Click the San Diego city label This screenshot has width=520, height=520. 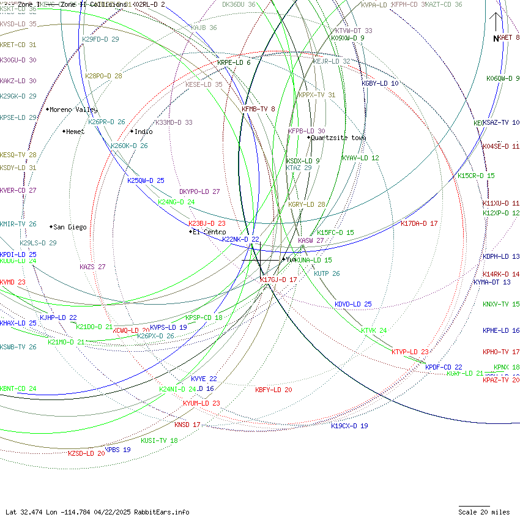coord(70,227)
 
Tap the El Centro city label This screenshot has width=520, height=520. coord(209,232)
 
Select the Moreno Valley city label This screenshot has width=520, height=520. coord(73,110)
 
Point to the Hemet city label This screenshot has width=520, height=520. coord(75,132)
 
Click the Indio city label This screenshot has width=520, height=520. coord(143,132)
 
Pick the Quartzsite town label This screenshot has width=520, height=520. coord(338,138)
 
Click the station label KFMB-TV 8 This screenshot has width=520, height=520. coord(258,109)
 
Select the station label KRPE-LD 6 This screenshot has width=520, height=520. coord(234,62)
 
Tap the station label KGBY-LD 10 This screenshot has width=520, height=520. coord(380,83)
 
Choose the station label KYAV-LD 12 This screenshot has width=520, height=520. coord(360,158)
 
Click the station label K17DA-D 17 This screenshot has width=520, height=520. coord(419,223)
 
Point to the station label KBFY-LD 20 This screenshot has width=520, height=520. coord(273,390)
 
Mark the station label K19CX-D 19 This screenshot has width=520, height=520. coord(349,426)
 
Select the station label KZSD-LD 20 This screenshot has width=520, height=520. coord(86,453)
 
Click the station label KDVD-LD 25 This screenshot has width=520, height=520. coord(353,304)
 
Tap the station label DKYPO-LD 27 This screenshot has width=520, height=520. coord(199,191)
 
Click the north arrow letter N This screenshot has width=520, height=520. coord(496,39)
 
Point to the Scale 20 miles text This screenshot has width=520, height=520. coord(484,512)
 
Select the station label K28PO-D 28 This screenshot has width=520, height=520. coord(103,76)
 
